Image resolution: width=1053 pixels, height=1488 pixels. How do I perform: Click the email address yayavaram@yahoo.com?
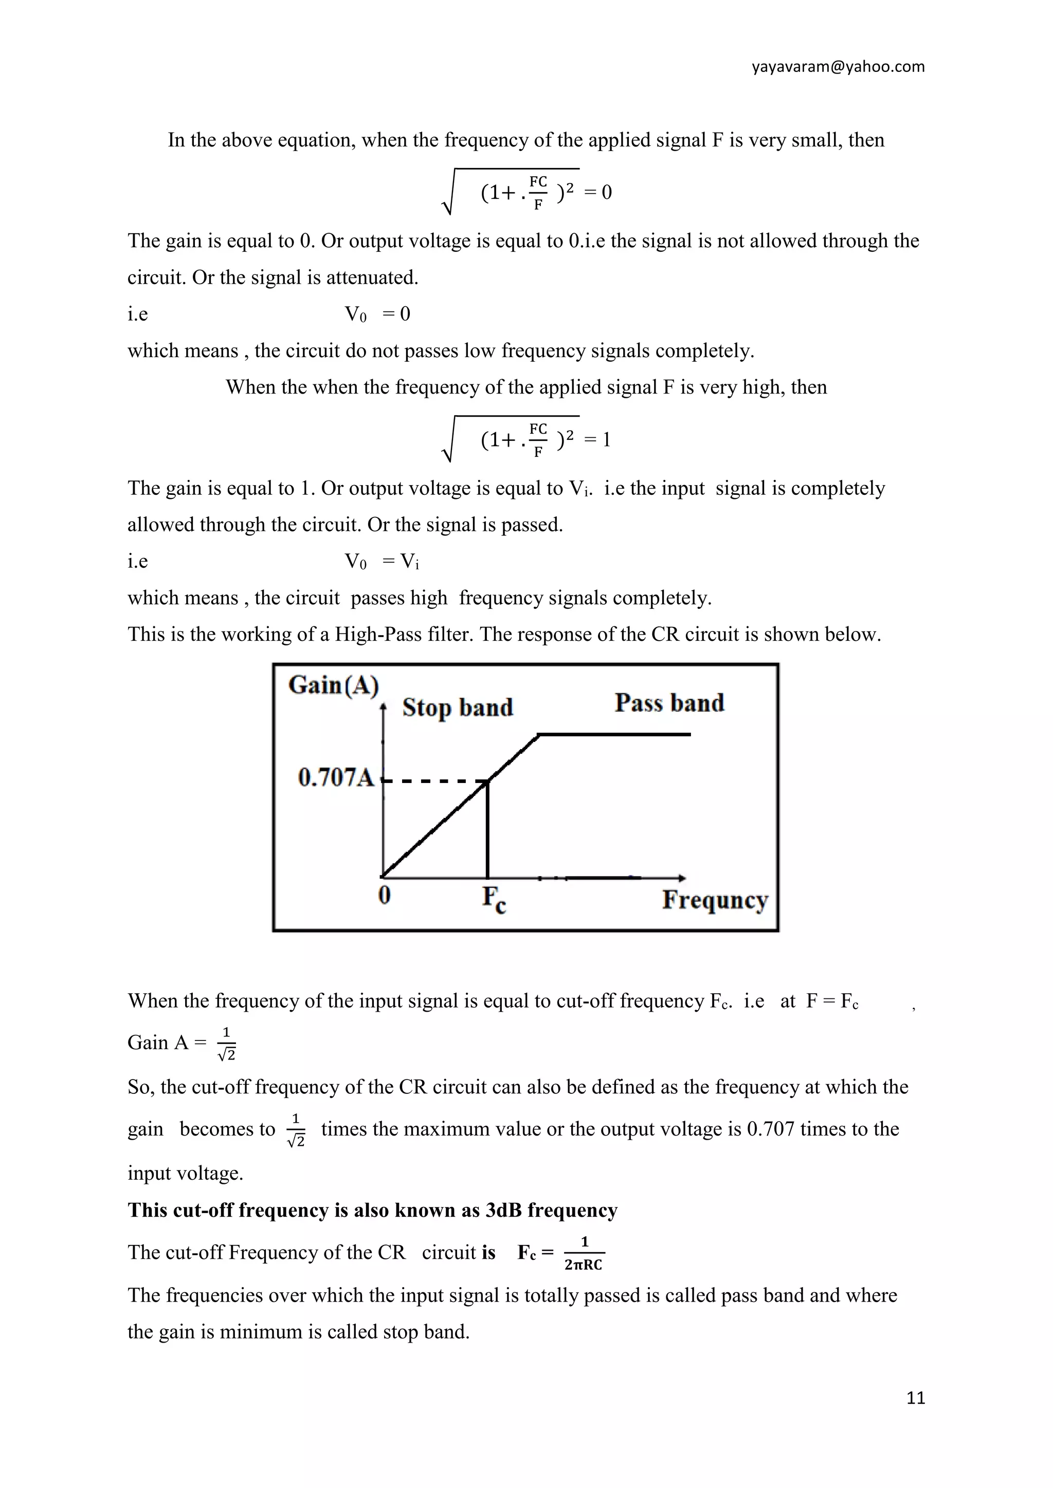(838, 67)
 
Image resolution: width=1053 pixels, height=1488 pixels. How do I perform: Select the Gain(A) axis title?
(333, 685)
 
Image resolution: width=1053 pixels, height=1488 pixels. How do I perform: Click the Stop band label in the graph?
(457, 707)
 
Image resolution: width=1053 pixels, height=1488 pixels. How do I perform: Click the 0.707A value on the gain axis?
(336, 777)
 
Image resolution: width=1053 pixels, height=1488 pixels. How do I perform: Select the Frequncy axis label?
(715, 900)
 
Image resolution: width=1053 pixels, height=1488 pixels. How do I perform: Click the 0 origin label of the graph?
(385, 895)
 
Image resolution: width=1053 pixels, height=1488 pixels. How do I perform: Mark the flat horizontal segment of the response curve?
(615, 734)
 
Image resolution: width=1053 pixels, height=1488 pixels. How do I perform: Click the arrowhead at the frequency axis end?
(681, 878)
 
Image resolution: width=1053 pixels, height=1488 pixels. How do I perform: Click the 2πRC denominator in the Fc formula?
(584, 1264)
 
